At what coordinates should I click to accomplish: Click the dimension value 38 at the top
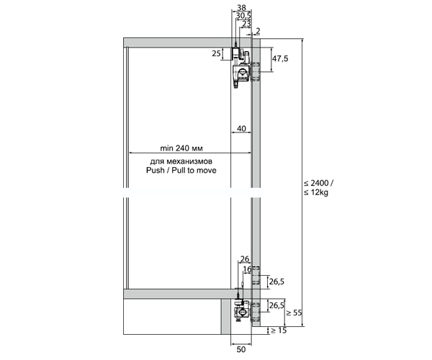click(x=241, y=7)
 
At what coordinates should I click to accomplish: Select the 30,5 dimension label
click(x=243, y=16)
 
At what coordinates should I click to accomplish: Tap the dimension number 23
click(x=246, y=24)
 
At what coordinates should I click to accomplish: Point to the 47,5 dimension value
click(x=280, y=58)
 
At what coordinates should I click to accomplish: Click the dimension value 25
click(x=217, y=53)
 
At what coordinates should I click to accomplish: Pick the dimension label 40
click(x=241, y=129)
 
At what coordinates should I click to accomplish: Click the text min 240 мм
click(x=181, y=148)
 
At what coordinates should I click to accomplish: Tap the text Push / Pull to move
click(x=181, y=170)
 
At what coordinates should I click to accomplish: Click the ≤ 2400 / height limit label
click(x=318, y=183)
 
